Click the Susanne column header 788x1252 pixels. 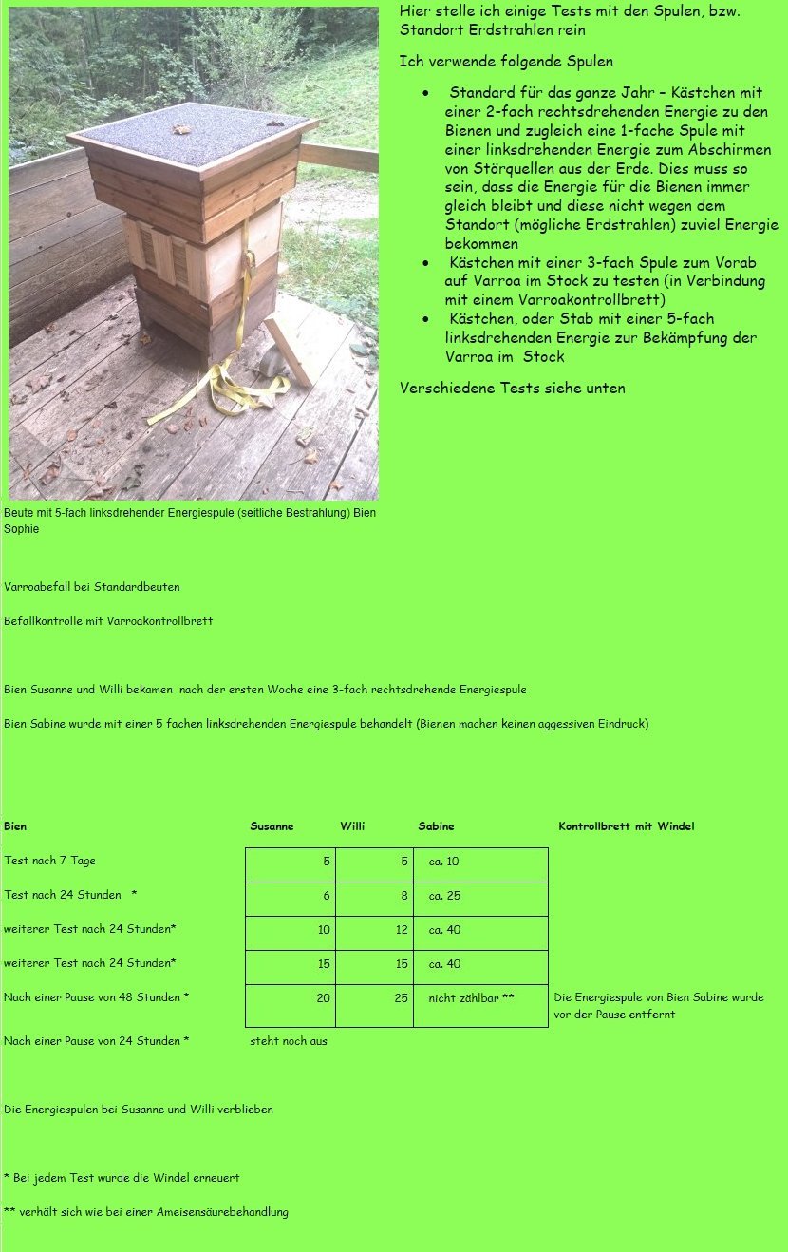click(x=272, y=826)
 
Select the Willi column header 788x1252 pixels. click(x=352, y=826)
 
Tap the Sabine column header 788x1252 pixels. click(x=436, y=826)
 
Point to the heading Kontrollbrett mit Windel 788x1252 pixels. click(x=626, y=826)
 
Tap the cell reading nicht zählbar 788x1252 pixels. click(x=471, y=998)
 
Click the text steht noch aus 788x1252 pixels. click(x=289, y=1041)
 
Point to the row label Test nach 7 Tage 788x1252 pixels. click(x=49, y=861)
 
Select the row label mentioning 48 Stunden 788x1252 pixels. click(x=96, y=997)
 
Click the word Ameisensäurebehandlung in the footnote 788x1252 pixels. click(x=223, y=1212)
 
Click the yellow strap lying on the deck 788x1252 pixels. click(x=229, y=389)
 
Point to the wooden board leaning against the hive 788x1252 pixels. click(x=289, y=351)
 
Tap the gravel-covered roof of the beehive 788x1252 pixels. click(x=195, y=131)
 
